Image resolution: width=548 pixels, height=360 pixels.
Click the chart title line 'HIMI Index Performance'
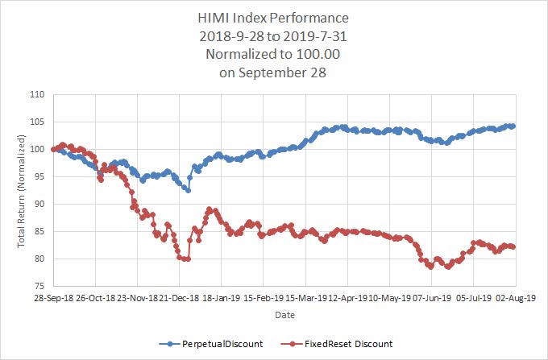(x=273, y=17)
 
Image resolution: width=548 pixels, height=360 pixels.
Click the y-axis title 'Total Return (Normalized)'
(x=21, y=190)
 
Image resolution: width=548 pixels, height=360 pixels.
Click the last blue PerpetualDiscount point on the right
(x=513, y=126)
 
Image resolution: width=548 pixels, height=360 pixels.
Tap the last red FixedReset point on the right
(x=513, y=247)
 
